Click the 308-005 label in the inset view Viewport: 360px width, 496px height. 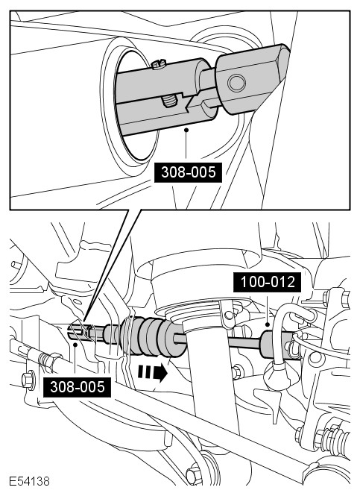(188, 172)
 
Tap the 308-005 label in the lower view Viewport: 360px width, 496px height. (77, 387)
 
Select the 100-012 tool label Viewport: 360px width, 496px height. (268, 282)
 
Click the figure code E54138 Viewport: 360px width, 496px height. (29, 481)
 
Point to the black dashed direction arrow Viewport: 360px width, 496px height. (152, 372)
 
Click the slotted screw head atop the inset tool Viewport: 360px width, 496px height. (158, 65)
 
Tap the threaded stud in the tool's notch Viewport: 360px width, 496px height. (168, 102)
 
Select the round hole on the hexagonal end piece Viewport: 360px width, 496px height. (236, 84)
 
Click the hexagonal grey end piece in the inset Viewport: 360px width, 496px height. (252, 79)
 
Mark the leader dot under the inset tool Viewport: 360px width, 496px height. (186, 129)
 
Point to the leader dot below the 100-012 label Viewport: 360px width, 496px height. (268, 324)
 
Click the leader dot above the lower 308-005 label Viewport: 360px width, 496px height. (75, 345)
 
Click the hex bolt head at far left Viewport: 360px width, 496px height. (28, 380)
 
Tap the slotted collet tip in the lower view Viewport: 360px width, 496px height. (78, 331)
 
